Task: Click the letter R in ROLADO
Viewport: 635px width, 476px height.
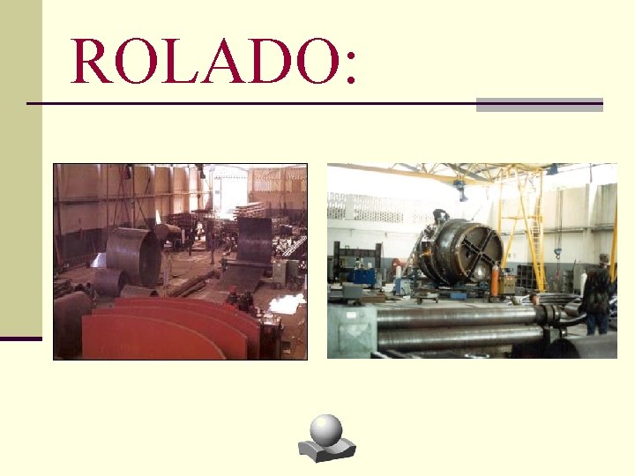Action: tap(92, 61)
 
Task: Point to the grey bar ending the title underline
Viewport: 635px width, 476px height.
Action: tap(539, 105)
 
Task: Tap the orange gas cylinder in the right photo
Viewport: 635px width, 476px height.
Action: tap(495, 281)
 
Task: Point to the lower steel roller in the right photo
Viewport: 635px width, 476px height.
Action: tap(459, 338)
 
